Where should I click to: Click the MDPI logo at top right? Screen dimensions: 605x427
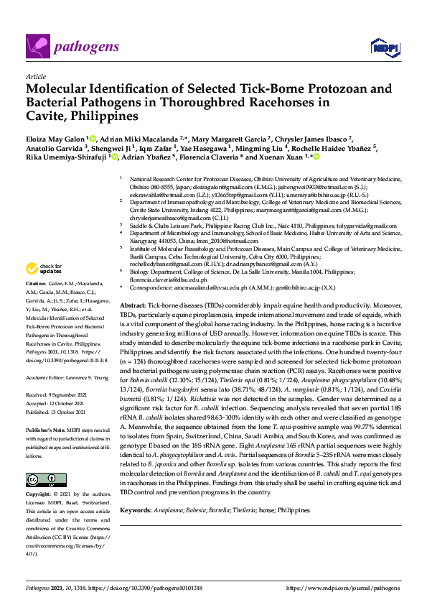tap(385, 48)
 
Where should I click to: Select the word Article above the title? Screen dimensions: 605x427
tap(35, 76)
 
